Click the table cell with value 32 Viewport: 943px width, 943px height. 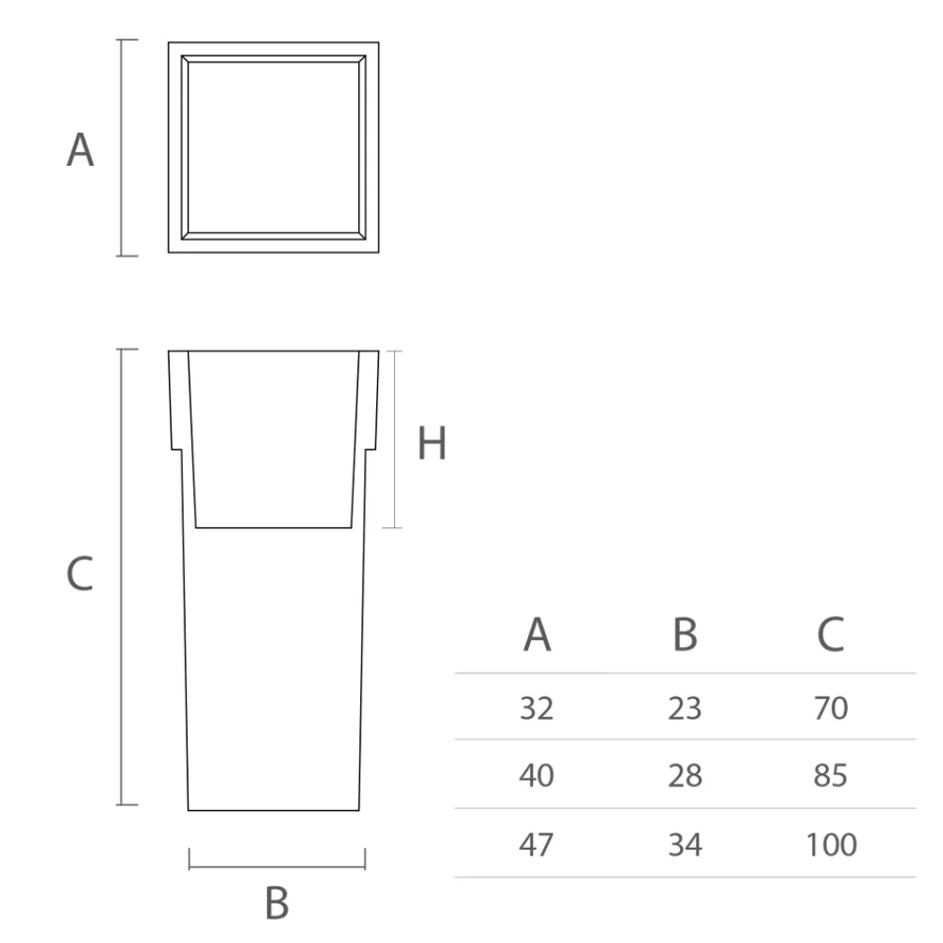pyautogui.click(x=537, y=707)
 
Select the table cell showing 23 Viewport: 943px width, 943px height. pyautogui.click(x=686, y=707)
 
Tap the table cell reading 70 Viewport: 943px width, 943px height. pyautogui.click(x=831, y=707)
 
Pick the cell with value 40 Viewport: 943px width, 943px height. pyautogui.click(x=537, y=776)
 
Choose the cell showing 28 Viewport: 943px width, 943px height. pyautogui.click(x=686, y=776)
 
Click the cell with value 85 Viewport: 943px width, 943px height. pyautogui.click(x=831, y=776)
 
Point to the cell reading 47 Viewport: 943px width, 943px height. pyautogui.click(x=537, y=844)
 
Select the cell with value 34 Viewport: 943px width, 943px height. pyautogui.click(x=686, y=844)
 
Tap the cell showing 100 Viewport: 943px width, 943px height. pyautogui.click(x=831, y=844)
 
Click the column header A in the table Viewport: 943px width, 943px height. pyautogui.click(x=537, y=636)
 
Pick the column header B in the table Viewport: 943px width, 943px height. pyautogui.click(x=686, y=636)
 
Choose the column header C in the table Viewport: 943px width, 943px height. pyautogui.click(x=831, y=636)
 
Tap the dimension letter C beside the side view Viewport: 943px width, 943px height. pyautogui.click(x=80, y=574)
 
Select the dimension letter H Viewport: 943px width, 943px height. pyautogui.click(x=432, y=444)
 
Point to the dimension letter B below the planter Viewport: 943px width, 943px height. pyautogui.click(x=276, y=902)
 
